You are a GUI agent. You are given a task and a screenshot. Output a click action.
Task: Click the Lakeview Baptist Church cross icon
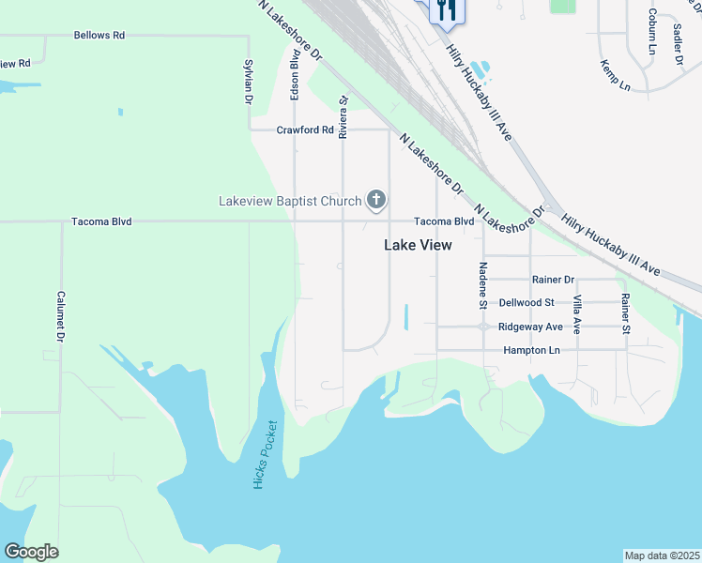click(x=376, y=199)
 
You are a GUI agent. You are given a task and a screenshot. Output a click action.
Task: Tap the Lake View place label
click(x=418, y=245)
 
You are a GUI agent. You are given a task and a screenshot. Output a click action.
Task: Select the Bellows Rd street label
click(x=99, y=36)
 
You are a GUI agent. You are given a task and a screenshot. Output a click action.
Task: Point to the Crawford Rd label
click(x=305, y=130)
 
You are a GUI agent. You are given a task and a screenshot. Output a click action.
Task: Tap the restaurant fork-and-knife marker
click(x=446, y=9)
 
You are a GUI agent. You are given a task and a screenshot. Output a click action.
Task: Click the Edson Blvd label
click(x=295, y=76)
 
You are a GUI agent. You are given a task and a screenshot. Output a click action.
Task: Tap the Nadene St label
click(x=482, y=284)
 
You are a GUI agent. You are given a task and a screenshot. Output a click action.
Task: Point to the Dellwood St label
click(x=526, y=303)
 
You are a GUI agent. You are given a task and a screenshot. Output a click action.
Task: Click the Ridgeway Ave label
click(x=530, y=327)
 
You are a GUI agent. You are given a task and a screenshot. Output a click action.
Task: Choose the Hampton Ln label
click(x=531, y=350)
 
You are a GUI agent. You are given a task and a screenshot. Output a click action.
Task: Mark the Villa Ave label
click(x=577, y=314)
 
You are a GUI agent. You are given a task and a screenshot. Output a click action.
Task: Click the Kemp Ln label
click(x=616, y=76)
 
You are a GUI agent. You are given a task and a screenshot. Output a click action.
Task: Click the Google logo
click(x=31, y=552)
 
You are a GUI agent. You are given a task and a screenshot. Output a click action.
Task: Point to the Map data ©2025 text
click(x=662, y=555)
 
